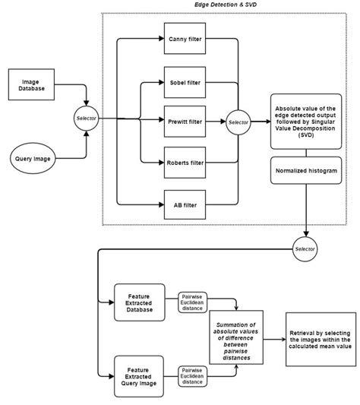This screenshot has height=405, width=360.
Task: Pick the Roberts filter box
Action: [x=184, y=162]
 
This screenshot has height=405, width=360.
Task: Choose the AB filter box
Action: [x=184, y=204]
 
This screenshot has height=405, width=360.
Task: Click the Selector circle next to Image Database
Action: [x=84, y=118]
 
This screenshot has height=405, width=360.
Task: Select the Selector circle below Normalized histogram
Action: [x=305, y=248]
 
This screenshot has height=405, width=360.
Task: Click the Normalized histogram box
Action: [x=305, y=172]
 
